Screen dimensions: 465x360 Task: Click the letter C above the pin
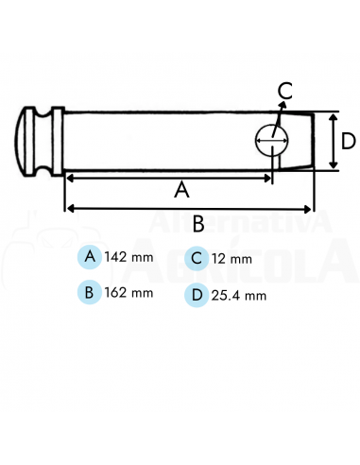285,92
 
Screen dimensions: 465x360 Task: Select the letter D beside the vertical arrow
348,142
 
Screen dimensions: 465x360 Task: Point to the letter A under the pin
181,189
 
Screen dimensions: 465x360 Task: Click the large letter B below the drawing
198,223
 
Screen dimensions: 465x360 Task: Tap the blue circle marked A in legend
90,257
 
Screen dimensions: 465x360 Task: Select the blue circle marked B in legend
89,292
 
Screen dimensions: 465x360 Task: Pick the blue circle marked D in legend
196,294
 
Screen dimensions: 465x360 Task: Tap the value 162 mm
129,292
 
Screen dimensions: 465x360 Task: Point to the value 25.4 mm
238,295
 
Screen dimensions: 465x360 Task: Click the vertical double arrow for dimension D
332,142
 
